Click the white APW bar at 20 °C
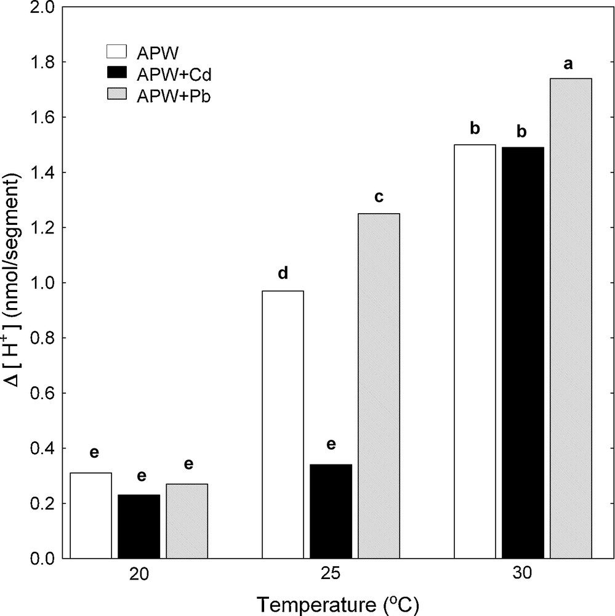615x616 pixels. pos(91,516)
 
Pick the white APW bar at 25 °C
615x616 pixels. pos(283,424)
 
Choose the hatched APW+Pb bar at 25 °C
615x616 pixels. pos(379,386)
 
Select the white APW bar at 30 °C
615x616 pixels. pos(475,352)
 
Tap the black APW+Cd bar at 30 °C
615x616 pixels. pos(523,353)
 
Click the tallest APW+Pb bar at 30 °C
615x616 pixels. pos(571,318)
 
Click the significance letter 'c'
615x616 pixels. pos(379,198)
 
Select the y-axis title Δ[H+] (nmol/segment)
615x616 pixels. pos(14,283)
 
